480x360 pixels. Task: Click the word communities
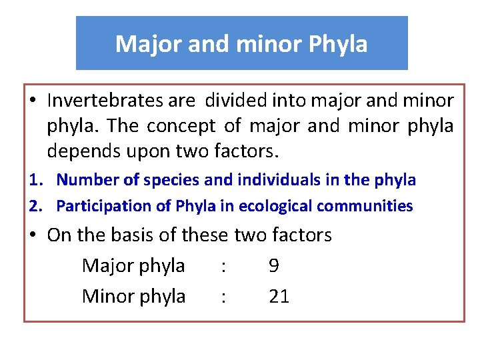coord(365,206)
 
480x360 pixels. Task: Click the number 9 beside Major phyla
coord(274,266)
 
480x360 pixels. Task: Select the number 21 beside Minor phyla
coord(279,296)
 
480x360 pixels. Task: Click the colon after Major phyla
coord(223,267)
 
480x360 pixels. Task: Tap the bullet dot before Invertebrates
coord(33,101)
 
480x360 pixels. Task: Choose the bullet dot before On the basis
coord(33,235)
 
